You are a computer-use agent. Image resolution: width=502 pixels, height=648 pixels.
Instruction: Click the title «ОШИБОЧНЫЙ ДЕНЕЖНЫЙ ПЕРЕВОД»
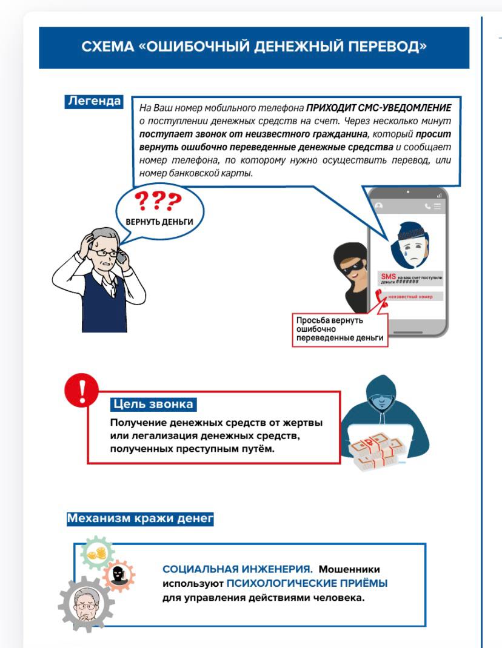pyautogui.click(x=254, y=47)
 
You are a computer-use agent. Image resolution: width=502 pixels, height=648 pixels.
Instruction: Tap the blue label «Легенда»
pyautogui.click(x=93, y=101)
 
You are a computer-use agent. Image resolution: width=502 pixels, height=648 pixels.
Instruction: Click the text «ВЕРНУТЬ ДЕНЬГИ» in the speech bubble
pyautogui.click(x=159, y=222)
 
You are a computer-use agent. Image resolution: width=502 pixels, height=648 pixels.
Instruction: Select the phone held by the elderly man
pyautogui.click(x=121, y=257)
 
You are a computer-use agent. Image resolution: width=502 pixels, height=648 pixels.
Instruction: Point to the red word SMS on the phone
pyautogui.click(x=387, y=276)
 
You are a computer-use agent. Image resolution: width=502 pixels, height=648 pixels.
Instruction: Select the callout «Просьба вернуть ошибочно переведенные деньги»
pyautogui.click(x=340, y=329)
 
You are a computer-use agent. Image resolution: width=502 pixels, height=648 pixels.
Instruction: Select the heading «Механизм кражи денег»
pyautogui.click(x=140, y=519)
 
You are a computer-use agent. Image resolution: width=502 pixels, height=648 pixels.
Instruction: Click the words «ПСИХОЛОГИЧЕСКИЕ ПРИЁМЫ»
pyautogui.click(x=307, y=584)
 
